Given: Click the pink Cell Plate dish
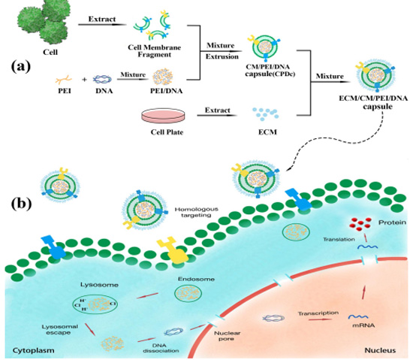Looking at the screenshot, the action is coord(163,116).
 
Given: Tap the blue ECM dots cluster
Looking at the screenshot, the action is coord(266,113).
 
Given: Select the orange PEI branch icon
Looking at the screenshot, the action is coord(64,79).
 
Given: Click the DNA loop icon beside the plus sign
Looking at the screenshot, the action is coord(102,79).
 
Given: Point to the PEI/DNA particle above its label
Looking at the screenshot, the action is coord(163,77).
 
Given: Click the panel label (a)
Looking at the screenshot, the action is coord(21,67).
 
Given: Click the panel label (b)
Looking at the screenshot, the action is coord(21,203).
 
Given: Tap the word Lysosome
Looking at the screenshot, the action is coord(99,285).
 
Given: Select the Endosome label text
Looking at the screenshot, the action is coord(196,279).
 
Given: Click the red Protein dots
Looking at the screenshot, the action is coord(360,224).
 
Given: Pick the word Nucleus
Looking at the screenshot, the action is coord(380,350).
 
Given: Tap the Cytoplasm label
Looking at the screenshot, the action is coord(34,350).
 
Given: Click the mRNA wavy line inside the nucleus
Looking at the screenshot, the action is coord(358,316).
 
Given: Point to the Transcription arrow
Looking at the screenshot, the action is coord(318,319).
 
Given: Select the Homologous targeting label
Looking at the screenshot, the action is coord(197,212).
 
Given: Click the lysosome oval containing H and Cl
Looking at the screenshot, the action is coord(95,304).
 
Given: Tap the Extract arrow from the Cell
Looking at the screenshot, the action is coord(102,25).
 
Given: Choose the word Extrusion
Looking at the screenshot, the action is coord(222,56).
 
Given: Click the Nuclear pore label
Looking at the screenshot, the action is coord(227,336).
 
